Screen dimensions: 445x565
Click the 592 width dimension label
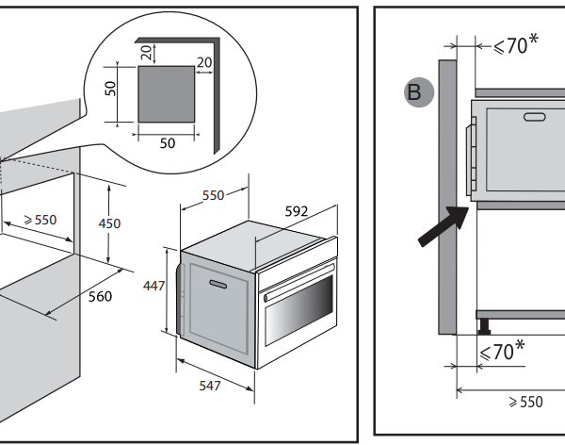296,211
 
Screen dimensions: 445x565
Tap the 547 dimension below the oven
211,386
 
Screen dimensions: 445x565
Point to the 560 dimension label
100,297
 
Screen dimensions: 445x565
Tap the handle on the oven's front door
219,284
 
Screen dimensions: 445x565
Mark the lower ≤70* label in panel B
503,352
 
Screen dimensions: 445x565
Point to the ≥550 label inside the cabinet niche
40,220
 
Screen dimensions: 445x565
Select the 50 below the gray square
166,142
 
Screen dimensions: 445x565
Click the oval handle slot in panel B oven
534,117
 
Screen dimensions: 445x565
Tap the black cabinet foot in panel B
484,327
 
